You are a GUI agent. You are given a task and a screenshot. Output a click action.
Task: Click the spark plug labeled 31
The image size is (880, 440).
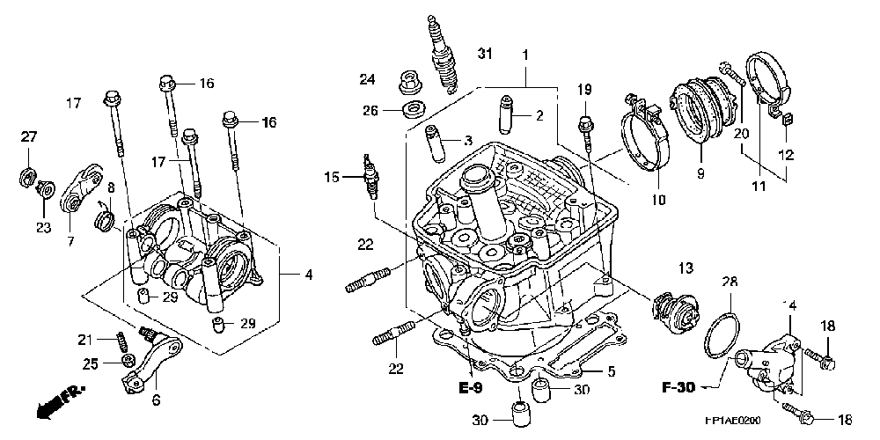pos(443,55)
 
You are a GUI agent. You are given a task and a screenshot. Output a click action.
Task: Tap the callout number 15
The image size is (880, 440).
pos(332,178)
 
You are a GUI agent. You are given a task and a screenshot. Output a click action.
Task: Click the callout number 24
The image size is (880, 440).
pos(368,80)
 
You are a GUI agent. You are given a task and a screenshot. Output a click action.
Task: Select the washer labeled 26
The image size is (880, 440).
pos(411,110)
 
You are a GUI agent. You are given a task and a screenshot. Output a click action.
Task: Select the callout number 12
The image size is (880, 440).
pos(785,155)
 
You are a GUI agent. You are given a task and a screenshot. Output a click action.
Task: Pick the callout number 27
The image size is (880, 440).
pos(30,136)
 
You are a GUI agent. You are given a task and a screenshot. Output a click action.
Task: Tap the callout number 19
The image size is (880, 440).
pos(586,90)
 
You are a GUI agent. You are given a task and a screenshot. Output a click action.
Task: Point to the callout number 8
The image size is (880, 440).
pos(111,187)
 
